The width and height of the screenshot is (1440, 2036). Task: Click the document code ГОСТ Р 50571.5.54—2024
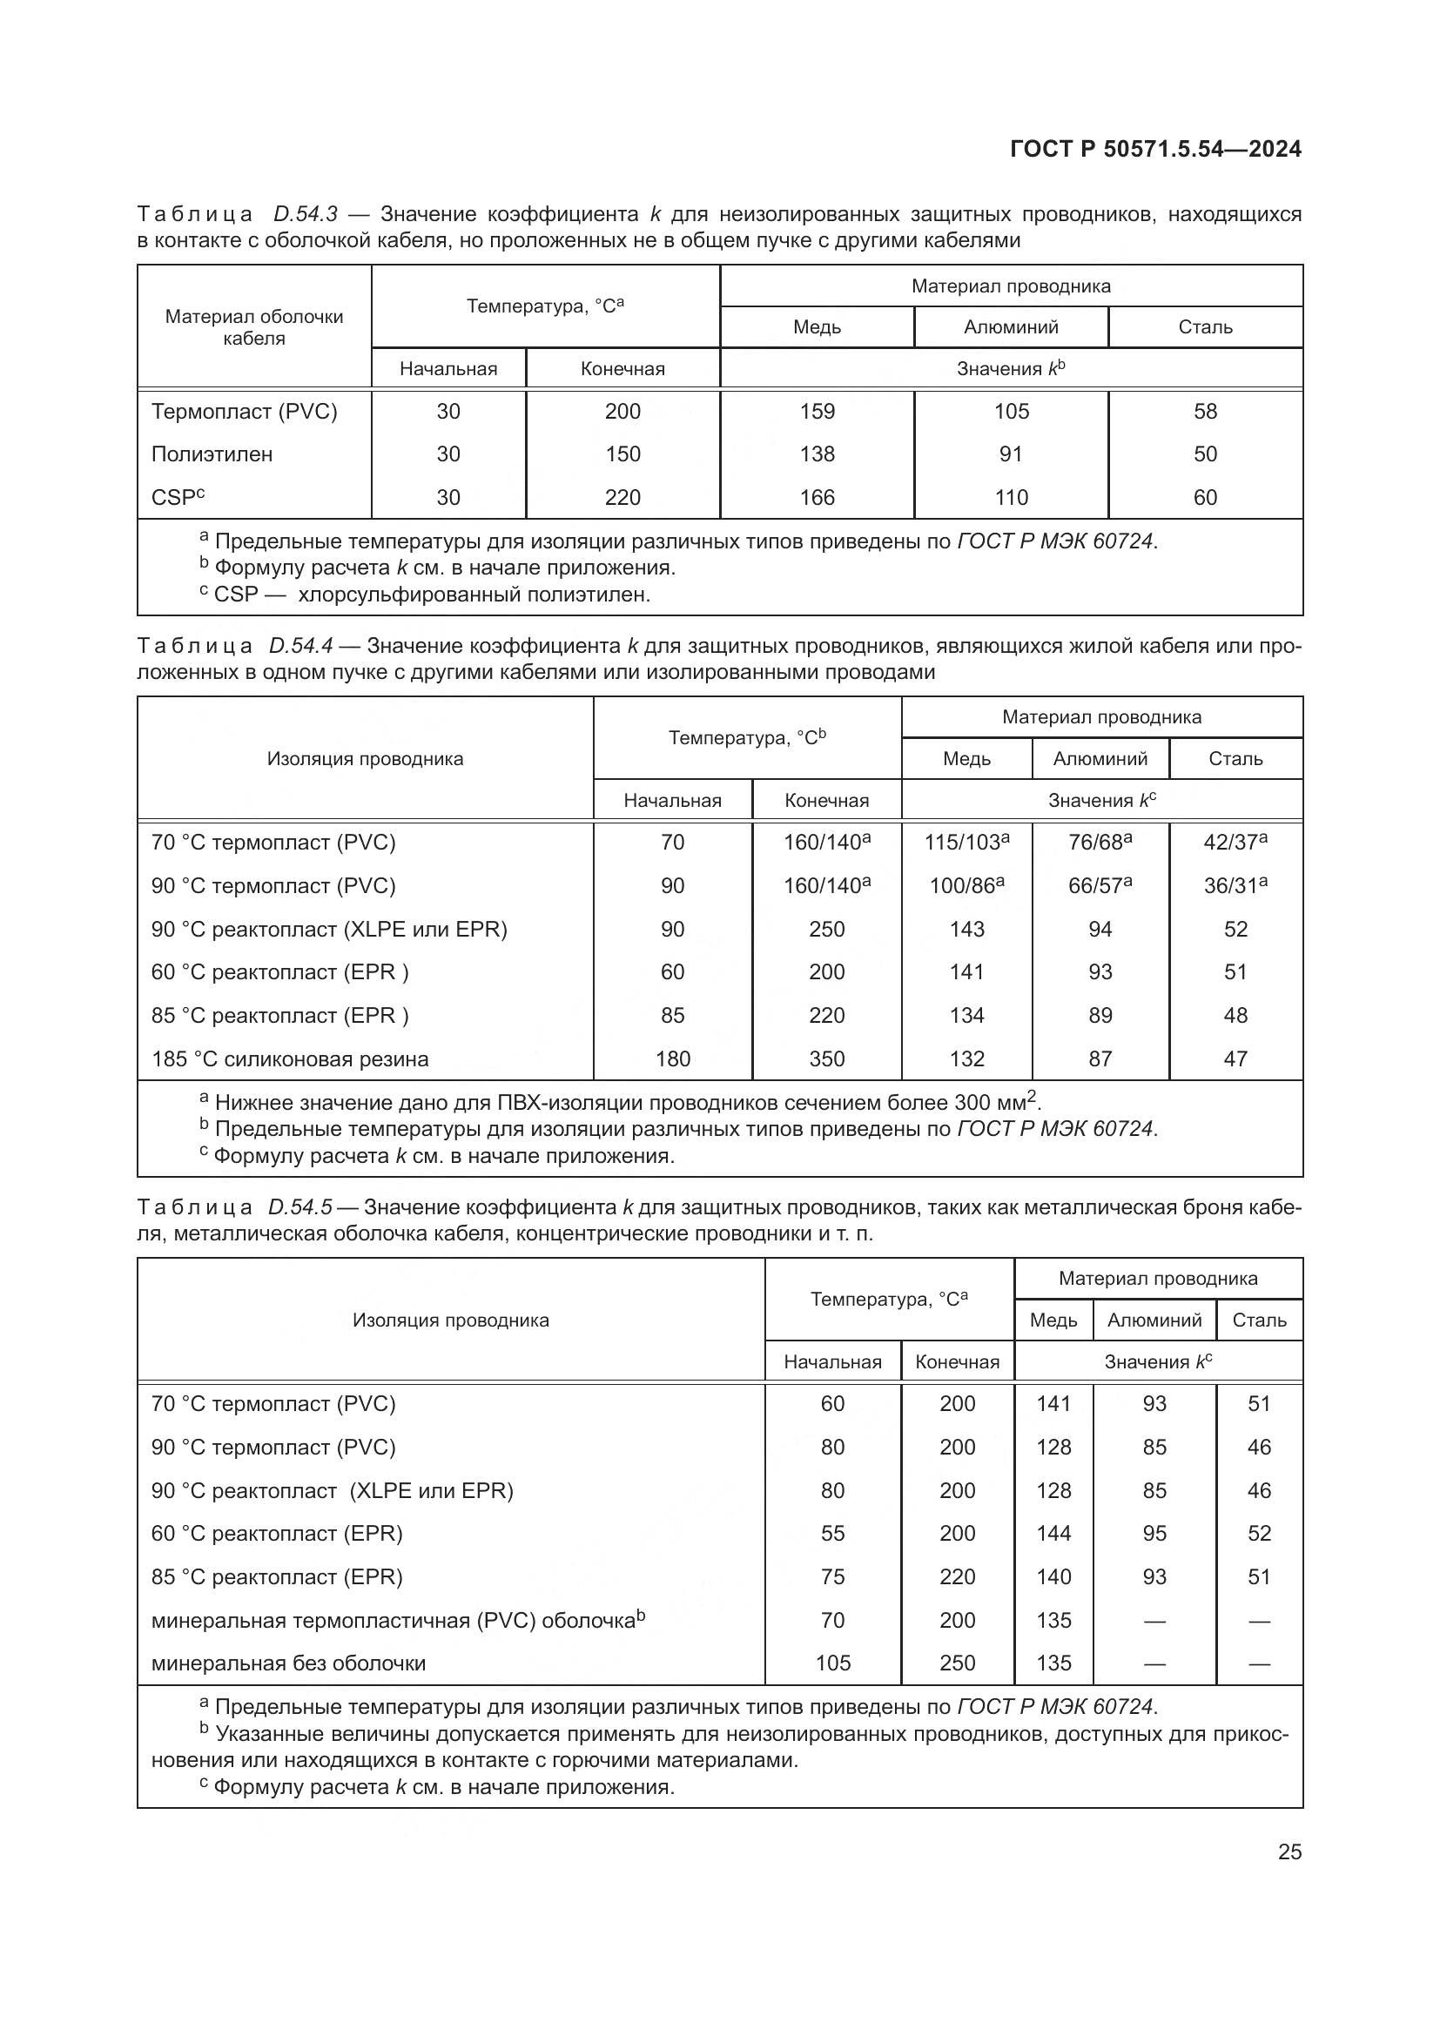point(1155,149)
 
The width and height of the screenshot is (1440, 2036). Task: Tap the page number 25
point(1289,1851)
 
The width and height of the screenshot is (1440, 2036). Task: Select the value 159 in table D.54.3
point(817,412)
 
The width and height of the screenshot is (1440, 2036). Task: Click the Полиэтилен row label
point(212,454)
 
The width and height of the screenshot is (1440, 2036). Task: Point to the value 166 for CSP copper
point(817,498)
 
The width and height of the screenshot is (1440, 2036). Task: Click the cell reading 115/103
point(966,843)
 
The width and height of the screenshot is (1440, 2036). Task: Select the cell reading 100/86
point(966,885)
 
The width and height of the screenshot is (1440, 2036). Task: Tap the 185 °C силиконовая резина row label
point(290,1058)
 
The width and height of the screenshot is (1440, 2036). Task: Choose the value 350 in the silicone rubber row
point(826,1058)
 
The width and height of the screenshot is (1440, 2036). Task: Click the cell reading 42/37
point(1235,843)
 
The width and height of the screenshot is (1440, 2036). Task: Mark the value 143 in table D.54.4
point(966,930)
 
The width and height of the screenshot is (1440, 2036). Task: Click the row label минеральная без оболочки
point(288,1663)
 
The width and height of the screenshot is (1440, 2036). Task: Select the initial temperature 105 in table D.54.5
point(832,1663)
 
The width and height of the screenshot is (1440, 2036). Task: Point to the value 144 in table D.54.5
point(1053,1533)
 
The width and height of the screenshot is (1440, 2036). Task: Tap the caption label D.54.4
point(300,646)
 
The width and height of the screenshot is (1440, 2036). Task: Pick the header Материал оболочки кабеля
point(253,327)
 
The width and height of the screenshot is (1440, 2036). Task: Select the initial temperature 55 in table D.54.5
point(832,1533)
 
